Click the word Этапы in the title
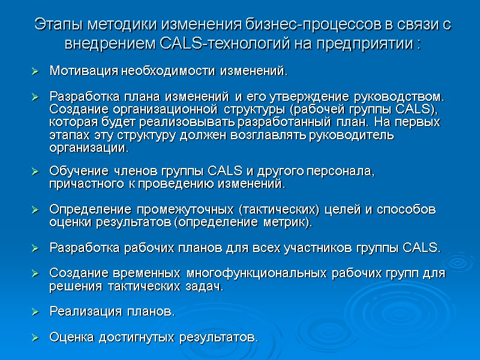(58, 25)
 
